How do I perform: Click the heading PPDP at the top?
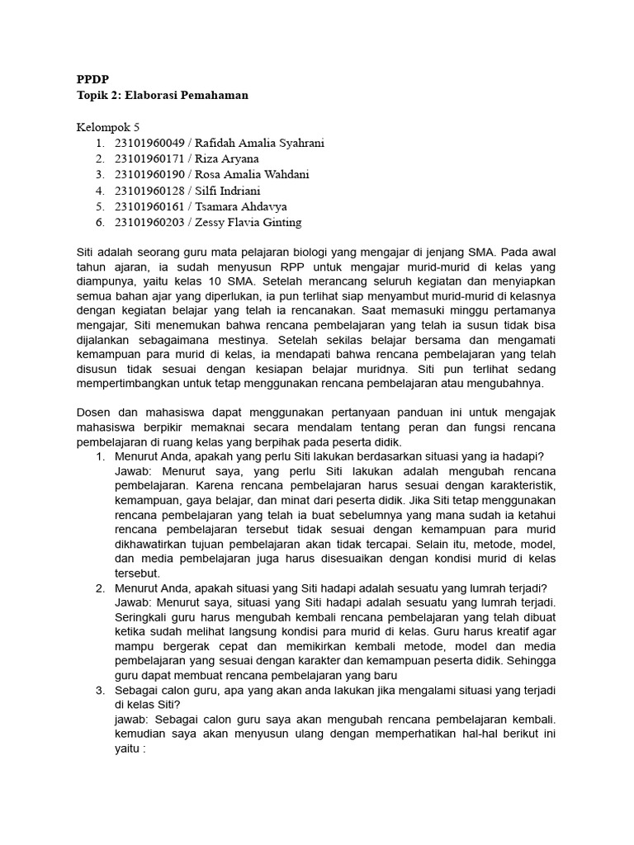[x=92, y=79]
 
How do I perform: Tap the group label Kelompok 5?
[x=108, y=127]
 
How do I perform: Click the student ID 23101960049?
[x=150, y=143]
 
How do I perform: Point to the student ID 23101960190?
[x=150, y=174]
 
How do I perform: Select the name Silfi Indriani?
[x=229, y=191]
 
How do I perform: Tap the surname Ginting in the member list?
[x=278, y=222]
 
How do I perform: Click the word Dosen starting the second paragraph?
[x=94, y=411]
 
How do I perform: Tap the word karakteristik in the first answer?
[x=518, y=484]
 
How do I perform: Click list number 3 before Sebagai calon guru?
[x=99, y=691]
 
